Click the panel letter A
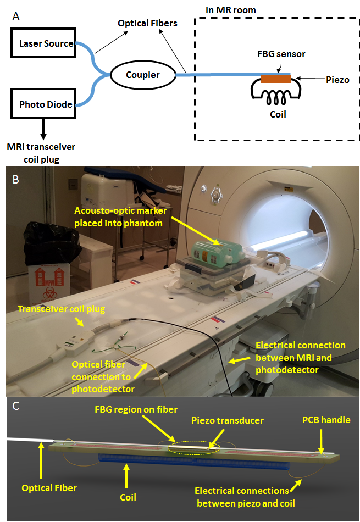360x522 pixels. (x=16, y=16)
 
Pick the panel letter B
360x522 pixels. (x=16, y=179)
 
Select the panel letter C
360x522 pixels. (x=16, y=407)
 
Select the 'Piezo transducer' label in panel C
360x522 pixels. (x=235, y=420)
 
